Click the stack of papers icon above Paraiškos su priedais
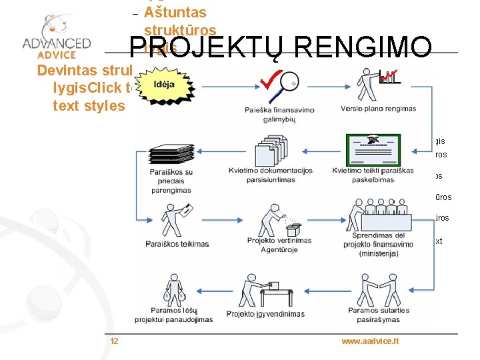170,153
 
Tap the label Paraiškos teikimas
177,244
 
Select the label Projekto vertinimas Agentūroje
279,245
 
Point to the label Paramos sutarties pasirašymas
373,315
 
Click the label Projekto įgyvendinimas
265,314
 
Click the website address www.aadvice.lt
370,341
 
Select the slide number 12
114,341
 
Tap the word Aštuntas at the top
175,12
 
